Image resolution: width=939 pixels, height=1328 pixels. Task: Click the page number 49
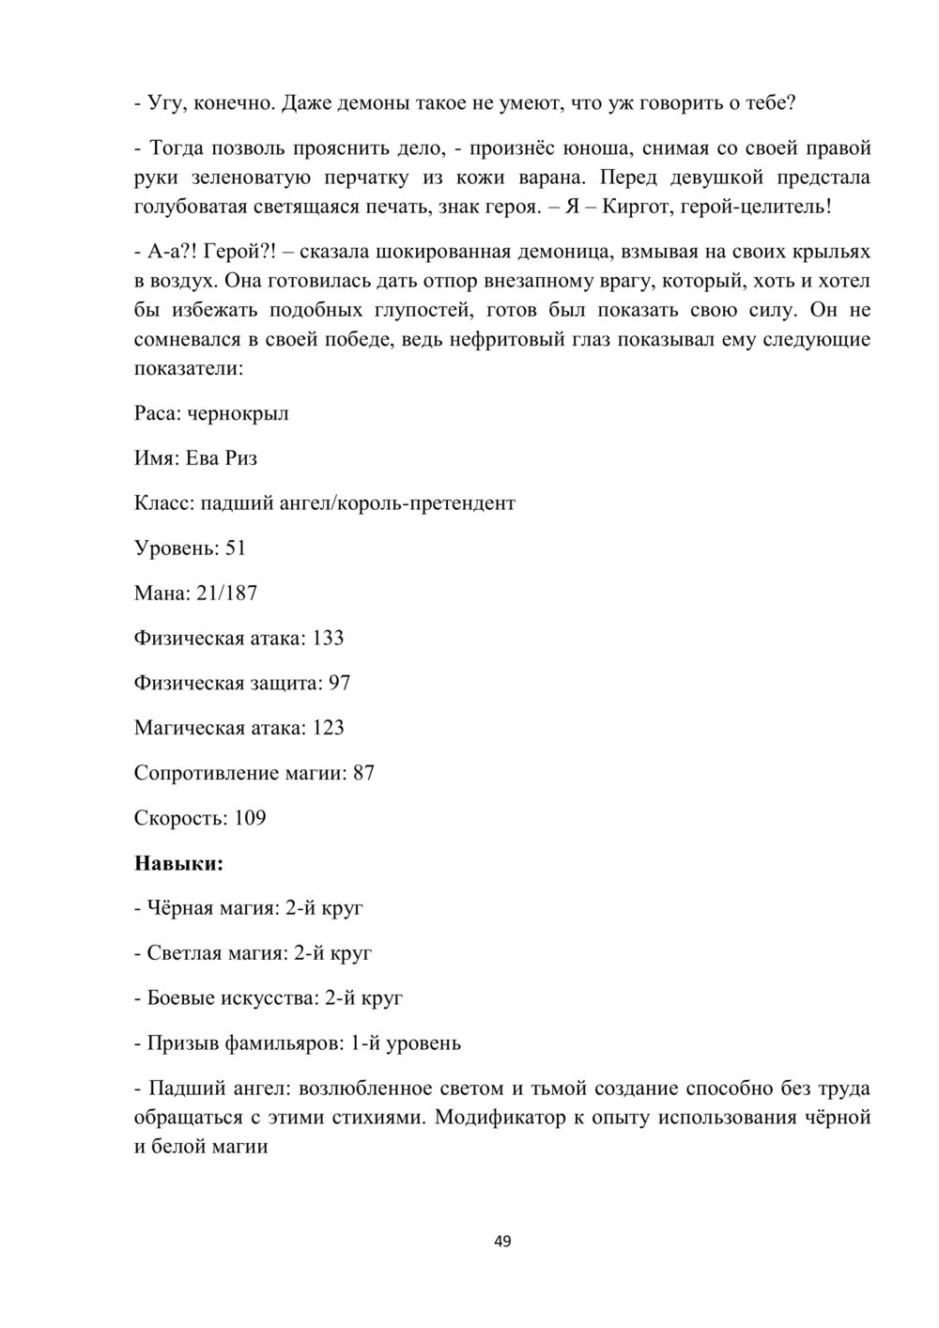pyautogui.click(x=502, y=1242)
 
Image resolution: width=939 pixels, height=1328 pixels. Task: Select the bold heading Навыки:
pyautogui.click(x=179, y=863)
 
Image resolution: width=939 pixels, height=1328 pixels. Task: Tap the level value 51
pyautogui.click(x=235, y=548)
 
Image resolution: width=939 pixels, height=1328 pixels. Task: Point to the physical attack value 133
pyautogui.click(x=328, y=638)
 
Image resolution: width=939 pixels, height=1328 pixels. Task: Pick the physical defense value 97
pyautogui.click(x=339, y=683)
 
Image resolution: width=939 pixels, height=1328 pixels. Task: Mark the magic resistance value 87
pyautogui.click(x=363, y=773)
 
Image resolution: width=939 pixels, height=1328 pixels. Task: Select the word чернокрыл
pyautogui.click(x=239, y=413)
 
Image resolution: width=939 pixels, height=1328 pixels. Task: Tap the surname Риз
pyautogui.click(x=241, y=458)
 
